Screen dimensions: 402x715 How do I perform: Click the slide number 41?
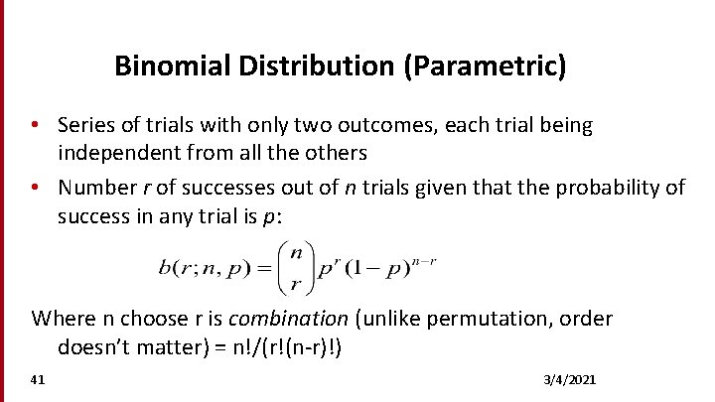pyautogui.click(x=38, y=380)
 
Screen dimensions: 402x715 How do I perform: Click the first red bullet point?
pyautogui.click(x=35, y=126)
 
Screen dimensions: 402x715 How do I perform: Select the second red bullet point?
pyautogui.click(x=35, y=188)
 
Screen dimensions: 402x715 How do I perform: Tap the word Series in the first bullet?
pyautogui.click(x=83, y=126)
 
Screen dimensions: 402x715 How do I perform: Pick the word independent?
pyautogui.click(x=119, y=154)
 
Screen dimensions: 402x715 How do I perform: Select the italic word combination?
pyautogui.click(x=289, y=319)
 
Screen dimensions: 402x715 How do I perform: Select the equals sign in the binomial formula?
pyautogui.click(x=264, y=266)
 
